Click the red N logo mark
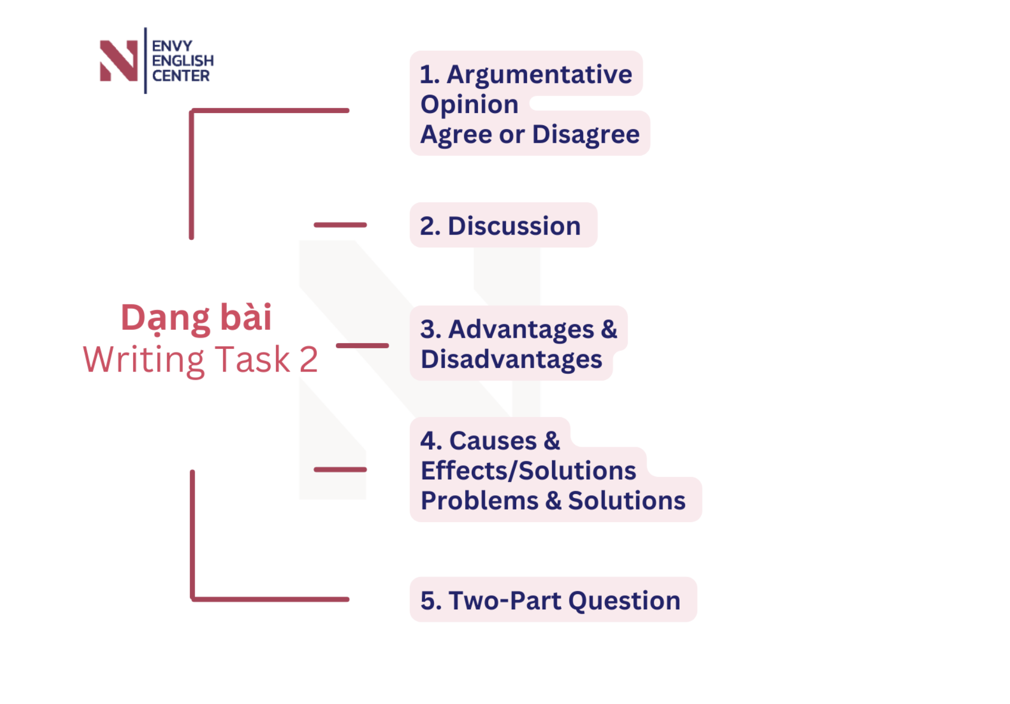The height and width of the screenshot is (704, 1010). coord(118,61)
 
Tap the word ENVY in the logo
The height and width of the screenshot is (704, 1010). coord(172,46)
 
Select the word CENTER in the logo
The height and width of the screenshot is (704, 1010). coord(181,76)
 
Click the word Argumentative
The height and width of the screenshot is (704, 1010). coord(539,75)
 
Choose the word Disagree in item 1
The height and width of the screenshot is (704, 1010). coord(586,134)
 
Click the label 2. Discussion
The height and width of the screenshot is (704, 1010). coord(500,226)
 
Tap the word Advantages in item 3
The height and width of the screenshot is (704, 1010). coord(521,330)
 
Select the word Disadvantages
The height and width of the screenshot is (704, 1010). coord(511,359)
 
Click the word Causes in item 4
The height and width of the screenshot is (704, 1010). coord(493,441)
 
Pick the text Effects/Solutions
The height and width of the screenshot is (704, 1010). coord(528,470)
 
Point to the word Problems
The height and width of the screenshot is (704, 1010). coord(480,501)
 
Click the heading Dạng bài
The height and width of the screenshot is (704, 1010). coord(196,318)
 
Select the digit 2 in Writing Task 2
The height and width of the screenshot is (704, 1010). coord(309,360)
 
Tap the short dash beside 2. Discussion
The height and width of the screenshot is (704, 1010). coord(340,225)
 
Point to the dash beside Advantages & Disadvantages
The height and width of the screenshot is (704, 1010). coord(362,346)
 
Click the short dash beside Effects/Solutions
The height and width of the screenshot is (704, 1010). coord(340,469)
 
